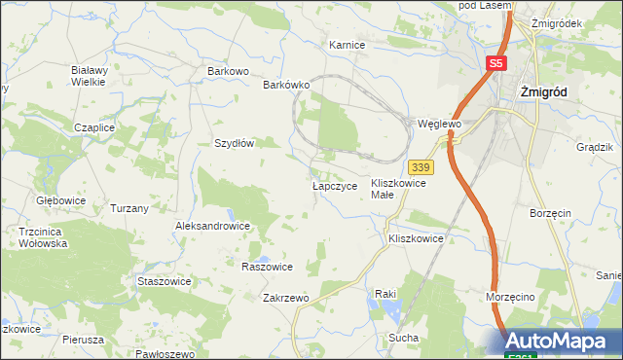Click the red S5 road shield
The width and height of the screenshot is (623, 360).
click(496, 63)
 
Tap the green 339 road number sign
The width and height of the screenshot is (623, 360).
click(421, 168)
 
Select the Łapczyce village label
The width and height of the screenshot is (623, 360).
click(335, 185)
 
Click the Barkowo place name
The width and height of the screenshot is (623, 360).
click(229, 71)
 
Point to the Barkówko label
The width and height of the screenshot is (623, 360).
click(286, 85)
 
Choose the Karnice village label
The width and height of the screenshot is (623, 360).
click(347, 45)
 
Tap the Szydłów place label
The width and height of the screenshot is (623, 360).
click(235, 142)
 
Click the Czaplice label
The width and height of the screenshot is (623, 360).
click(95, 127)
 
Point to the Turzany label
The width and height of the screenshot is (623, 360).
click(129, 208)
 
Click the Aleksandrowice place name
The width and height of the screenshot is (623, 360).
click(212, 226)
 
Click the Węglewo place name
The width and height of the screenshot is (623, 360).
click(438, 125)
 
